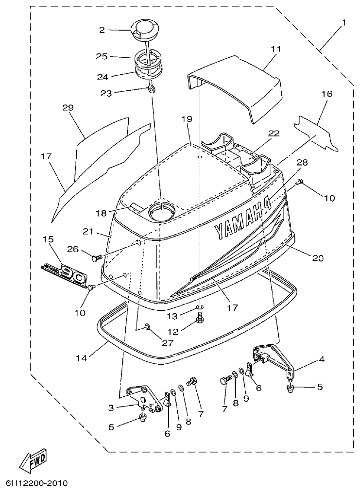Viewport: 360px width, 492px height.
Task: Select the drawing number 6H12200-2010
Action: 36,484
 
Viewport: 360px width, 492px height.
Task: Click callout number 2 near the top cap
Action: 102,30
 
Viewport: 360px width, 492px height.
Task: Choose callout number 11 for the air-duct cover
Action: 276,49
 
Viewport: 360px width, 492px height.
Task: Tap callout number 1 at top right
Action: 344,23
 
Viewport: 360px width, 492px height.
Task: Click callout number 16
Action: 326,93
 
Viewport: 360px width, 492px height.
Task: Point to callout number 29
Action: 68,107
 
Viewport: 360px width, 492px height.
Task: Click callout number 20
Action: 317,258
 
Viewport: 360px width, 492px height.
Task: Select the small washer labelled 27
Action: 147,328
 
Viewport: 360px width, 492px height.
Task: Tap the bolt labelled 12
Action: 200,320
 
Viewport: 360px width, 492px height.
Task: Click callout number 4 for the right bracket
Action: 321,359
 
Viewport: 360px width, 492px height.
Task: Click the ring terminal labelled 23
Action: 152,88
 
